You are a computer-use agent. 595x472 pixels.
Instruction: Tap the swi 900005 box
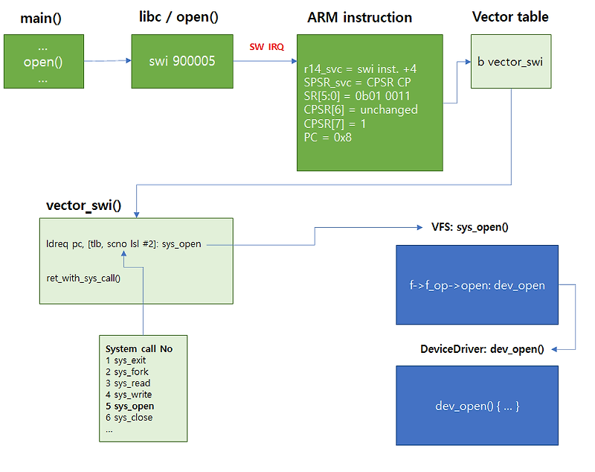coord(184,61)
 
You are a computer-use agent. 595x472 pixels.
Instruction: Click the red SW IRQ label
coord(266,46)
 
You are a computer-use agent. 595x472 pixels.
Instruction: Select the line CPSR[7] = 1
coord(335,124)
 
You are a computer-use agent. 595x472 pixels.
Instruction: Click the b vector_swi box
coord(510,62)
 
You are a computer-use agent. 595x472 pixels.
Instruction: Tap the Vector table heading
coord(510,17)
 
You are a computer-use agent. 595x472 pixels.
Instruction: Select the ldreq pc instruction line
coord(123,243)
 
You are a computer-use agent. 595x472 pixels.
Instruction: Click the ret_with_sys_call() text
coord(83,278)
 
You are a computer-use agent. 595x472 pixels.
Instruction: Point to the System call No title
coord(139,348)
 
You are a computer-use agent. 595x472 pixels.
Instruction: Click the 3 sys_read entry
coord(129,383)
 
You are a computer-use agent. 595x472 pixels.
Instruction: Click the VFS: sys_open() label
coord(470,227)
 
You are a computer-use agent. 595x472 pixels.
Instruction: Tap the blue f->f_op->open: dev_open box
coord(477,284)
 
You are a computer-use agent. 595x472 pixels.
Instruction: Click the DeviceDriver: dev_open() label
coord(482,349)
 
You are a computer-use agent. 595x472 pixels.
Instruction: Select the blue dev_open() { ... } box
coord(477,406)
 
